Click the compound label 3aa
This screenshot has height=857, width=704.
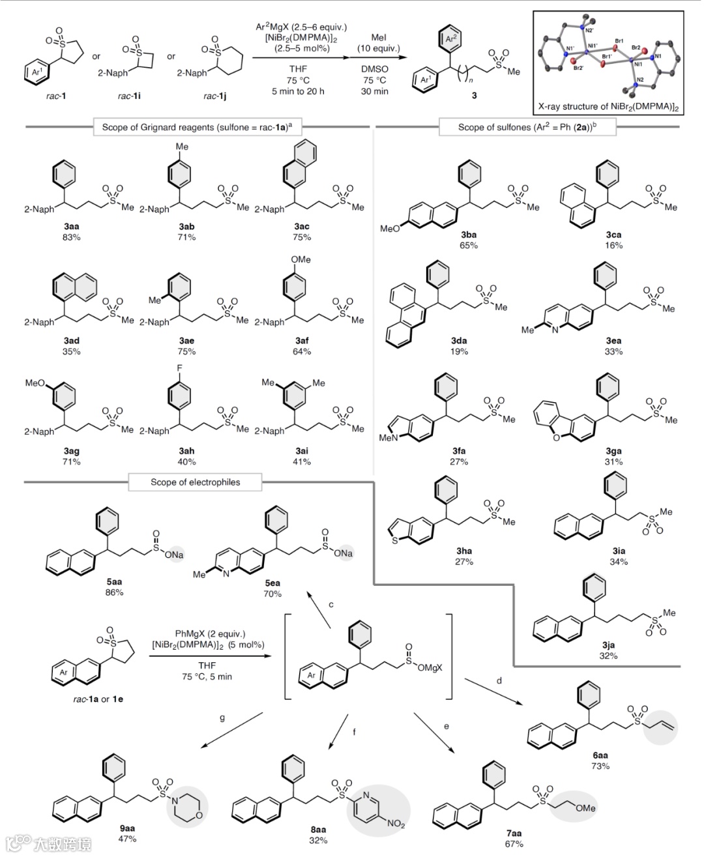pyautogui.click(x=72, y=226)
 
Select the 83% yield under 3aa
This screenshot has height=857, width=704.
pyautogui.click(x=72, y=237)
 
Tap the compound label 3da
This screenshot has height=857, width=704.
pyautogui.click(x=459, y=340)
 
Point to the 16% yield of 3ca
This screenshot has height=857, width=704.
pyautogui.click(x=613, y=246)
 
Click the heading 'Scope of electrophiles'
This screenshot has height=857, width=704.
pyautogui.click(x=196, y=482)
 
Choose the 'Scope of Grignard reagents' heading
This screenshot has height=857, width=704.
pyautogui.click(x=198, y=127)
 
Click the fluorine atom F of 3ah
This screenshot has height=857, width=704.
pyautogui.click(x=180, y=368)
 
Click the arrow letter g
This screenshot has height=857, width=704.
pyautogui.click(x=222, y=718)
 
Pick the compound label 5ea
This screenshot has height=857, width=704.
pyautogui.click(x=272, y=583)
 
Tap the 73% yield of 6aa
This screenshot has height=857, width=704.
pyautogui.click(x=600, y=766)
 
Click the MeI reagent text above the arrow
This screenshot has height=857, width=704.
pyautogui.click(x=379, y=38)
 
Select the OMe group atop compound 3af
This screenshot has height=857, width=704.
pyautogui.click(x=301, y=259)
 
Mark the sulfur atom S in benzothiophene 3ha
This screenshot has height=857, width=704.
pyautogui.click(x=392, y=541)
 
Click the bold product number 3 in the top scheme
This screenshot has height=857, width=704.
pyautogui.click(x=474, y=95)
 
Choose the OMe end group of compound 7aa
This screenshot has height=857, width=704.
pyautogui.click(x=585, y=807)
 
